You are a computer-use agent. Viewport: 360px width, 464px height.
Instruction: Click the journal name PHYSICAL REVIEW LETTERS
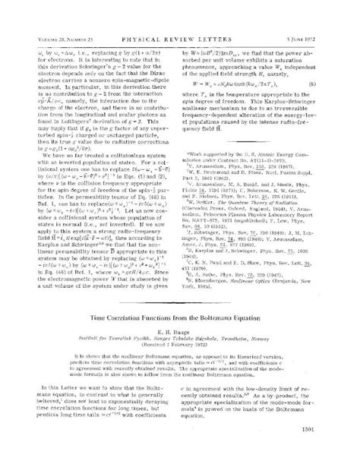pyautogui.click(x=180, y=13)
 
